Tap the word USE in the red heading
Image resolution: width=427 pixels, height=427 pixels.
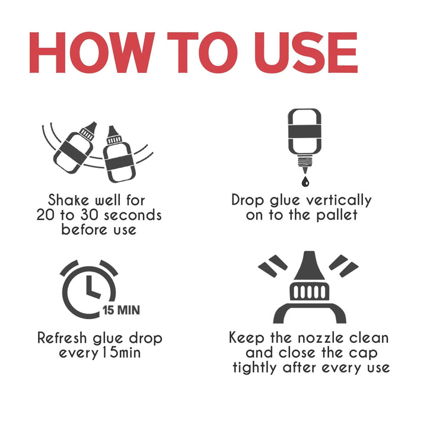[x=305, y=53]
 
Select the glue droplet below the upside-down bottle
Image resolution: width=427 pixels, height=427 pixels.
[x=305, y=181]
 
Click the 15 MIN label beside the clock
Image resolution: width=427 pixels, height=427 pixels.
[x=122, y=310]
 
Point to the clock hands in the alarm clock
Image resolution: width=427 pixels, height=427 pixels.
[x=92, y=287]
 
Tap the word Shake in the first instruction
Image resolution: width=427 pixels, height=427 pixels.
[x=68, y=200]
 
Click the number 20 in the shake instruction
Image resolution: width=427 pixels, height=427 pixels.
[x=46, y=215]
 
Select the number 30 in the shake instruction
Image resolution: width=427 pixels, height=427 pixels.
[x=90, y=215]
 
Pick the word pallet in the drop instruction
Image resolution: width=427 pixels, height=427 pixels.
[x=337, y=215]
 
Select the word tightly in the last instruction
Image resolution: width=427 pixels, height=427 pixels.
[x=254, y=368]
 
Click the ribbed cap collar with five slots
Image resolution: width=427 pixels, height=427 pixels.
[x=309, y=291]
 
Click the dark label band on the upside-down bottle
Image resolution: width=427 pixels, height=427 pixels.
[x=304, y=132]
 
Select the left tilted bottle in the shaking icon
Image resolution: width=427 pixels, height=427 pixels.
[x=74, y=148]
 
